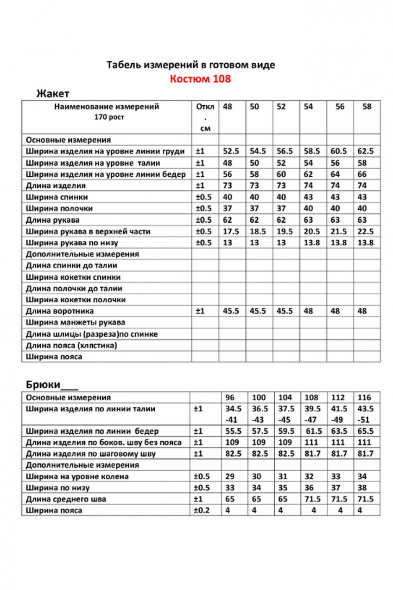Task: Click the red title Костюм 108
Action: click(x=200, y=79)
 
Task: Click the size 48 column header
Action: click(x=227, y=107)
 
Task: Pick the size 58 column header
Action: click(x=367, y=107)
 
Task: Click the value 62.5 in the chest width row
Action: click(x=366, y=151)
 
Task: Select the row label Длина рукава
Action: click(x=53, y=220)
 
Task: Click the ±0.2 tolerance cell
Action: click(x=202, y=510)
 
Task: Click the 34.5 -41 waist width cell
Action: click(x=233, y=414)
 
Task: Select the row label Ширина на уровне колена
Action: click(x=77, y=476)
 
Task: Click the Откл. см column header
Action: click(x=204, y=118)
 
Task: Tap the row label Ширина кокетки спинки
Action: click(x=73, y=277)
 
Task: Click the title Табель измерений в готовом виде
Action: click(x=190, y=65)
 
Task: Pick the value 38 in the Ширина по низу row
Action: click(x=362, y=487)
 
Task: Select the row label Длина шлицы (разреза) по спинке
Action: click(x=92, y=334)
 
